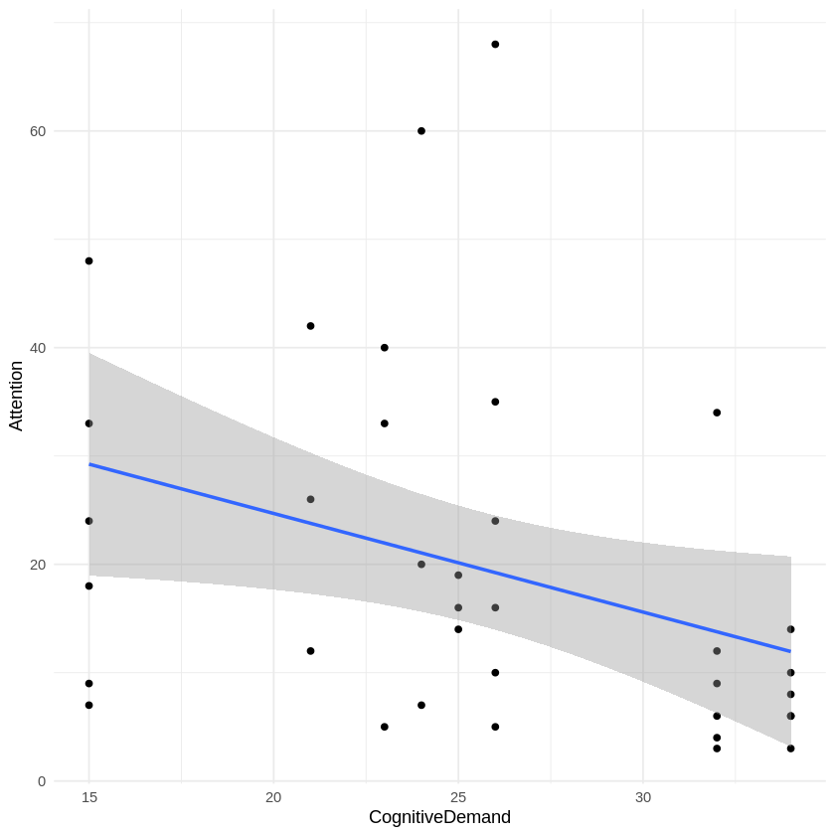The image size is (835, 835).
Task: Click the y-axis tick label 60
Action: (x=37, y=131)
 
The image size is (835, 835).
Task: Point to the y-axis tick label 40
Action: (x=37, y=348)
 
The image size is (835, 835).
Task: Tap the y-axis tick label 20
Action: (x=37, y=565)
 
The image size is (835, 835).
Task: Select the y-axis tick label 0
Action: (x=41, y=781)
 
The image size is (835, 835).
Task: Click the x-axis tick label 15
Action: (x=88, y=797)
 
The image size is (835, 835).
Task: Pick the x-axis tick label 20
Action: (x=273, y=797)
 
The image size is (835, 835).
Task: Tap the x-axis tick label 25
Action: (x=458, y=797)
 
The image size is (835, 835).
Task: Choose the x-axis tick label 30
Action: (x=643, y=797)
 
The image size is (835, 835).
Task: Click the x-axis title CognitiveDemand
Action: (x=439, y=817)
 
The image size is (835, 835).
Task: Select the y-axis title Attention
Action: (x=16, y=396)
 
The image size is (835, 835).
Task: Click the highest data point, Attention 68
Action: (x=495, y=45)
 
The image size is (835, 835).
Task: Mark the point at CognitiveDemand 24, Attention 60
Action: (x=421, y=131)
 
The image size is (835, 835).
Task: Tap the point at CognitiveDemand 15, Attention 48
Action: (x=88, y=261)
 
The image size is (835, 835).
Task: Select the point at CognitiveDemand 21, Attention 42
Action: (x=310, y=326)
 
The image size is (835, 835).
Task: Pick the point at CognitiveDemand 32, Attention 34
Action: (x=717, y=413)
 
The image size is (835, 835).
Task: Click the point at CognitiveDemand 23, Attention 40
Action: (x=385, y=348)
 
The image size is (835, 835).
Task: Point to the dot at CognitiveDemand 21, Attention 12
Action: (x=310, y=651)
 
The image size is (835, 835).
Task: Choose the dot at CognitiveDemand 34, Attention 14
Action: (x=790, y=629)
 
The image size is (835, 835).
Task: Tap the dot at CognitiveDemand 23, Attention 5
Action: (x=385, y=727)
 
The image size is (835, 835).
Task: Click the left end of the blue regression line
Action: (x=89, y=464)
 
